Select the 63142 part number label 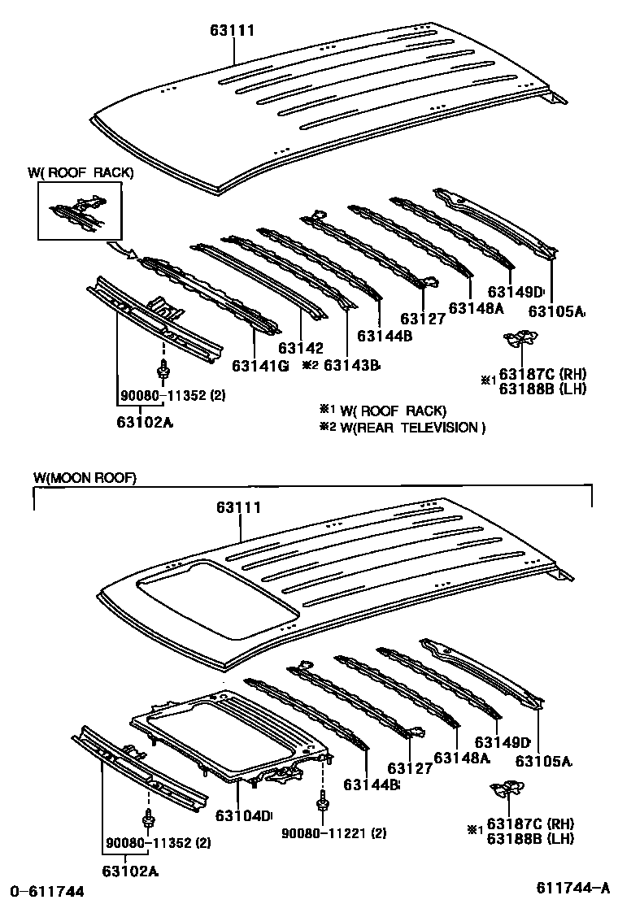301,347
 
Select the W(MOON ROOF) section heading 85,478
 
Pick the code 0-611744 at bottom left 47,892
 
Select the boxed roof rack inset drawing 80,211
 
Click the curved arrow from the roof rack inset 124,250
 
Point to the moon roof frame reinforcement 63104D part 228,732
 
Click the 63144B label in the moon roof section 372,784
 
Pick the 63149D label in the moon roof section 503,742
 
